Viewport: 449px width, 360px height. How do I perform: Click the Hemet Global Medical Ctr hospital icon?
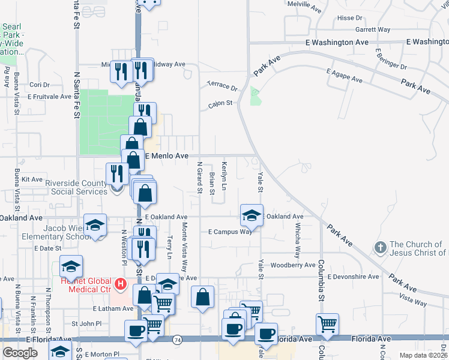click(x=121, y=283)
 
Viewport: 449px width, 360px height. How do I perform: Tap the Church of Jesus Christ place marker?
click(x=379, y=247)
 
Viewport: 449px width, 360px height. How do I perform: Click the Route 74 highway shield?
click(x=177, y=339)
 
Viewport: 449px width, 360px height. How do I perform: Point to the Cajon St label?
click(x=220, y=103)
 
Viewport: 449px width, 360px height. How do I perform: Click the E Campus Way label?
click(x=230, y=232)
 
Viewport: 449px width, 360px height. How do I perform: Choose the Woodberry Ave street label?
click(x=293, y=265)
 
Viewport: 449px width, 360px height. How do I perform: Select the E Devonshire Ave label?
click(x=354, y=277)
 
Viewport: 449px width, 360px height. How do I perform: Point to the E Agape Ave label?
click(x=345, y=76)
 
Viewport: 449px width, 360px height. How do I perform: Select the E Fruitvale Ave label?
click(x=49, y=96)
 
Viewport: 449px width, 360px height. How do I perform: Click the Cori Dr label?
click(x=39, y=85)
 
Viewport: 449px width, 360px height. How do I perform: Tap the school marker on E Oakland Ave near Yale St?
click(x=252, y=215)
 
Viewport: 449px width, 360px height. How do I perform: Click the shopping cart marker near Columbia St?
click(x=327, y=324)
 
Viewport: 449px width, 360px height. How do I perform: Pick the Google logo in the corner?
click(x=20, y=353)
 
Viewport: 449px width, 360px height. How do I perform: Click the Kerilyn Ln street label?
click(x=224, y=175)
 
